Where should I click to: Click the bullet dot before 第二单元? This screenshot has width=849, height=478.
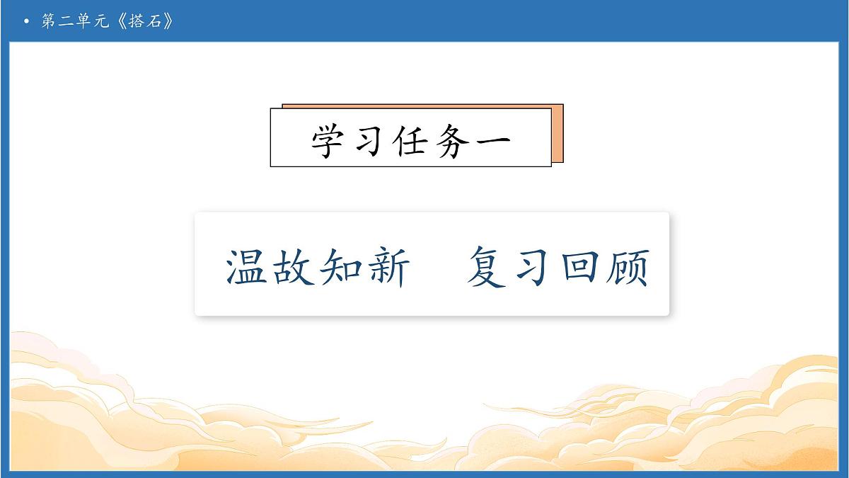27,22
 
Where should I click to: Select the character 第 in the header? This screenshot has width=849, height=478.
49,22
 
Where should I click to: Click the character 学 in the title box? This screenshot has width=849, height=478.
331,140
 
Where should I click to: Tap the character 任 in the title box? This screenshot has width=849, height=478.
411,140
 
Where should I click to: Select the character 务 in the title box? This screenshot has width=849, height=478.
451,140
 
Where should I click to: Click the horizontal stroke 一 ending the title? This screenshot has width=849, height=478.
490,140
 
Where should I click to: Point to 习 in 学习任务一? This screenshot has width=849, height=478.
371,140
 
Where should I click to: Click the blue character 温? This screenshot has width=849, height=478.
248,267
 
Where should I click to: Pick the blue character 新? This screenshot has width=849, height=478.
388,267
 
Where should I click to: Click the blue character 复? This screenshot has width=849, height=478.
487,267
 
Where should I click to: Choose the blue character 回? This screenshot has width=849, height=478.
579,267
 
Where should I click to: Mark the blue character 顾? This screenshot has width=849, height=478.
627,267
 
